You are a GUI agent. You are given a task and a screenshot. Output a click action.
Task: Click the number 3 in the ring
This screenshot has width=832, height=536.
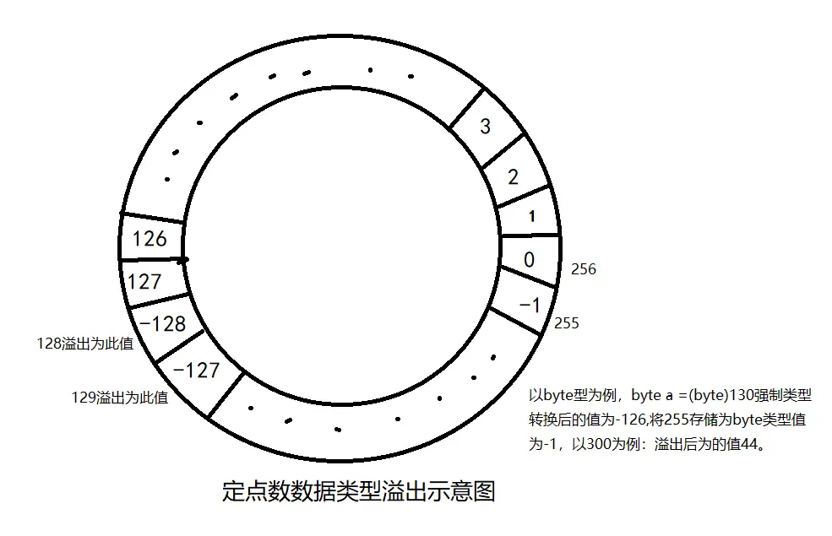pyautogui.click(x=485, y=127)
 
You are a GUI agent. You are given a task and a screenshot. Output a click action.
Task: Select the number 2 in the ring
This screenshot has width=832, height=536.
pyautogui.click(x=513, y=176)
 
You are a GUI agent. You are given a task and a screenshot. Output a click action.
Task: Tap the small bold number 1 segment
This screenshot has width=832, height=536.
pyautogui.click(x=531, y=217)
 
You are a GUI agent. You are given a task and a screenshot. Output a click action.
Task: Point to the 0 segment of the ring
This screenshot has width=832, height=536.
pyautogui.click(x=529, y=259)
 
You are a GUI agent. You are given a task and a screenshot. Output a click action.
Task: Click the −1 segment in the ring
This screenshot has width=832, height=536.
pyautogui.click(x=530, y=305)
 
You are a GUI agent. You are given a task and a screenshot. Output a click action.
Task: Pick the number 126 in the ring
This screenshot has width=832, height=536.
pyautogui.click(x=150, y=239)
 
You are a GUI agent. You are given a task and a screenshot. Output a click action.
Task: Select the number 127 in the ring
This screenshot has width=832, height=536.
pyautogui.click(x=144, y=281)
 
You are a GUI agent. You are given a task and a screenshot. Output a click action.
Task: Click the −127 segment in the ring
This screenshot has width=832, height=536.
pyautogui.click(x=195, y=370)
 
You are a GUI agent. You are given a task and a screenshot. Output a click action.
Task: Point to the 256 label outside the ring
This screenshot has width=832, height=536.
pyautogui.click(x=584, y=269)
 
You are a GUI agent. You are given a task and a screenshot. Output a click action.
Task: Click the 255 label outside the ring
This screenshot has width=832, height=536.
pyautogui.click(x=567, y=323)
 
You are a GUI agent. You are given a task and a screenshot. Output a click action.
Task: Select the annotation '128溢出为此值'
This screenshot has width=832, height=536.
pyautogui.click(x=84, y=344)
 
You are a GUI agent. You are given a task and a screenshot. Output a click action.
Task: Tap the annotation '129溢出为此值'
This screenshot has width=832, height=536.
pyautogui.click(x=119, y=398)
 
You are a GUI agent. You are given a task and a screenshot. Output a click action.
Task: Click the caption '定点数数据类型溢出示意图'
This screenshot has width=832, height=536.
pyautogui.click(x=358, y=491)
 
